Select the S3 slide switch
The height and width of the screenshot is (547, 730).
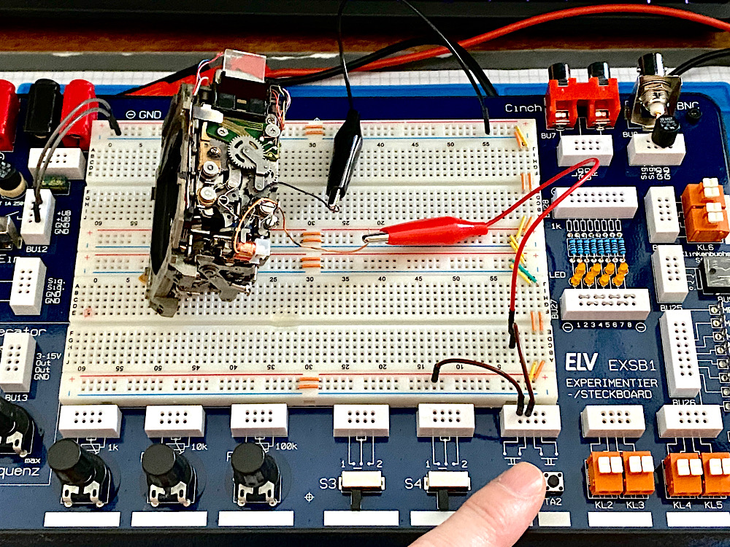363,481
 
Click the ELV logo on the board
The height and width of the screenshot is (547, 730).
580,362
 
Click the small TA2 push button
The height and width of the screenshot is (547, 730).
553,480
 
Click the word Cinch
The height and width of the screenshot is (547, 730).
523,108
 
